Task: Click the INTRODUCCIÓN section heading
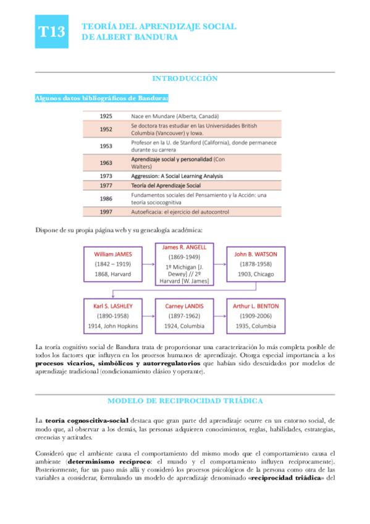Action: click(x=185, y=78)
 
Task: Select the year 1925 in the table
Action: click(x=106, y=116)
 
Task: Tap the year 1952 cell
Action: click(x=106, y=129)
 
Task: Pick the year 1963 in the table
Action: click(x=106, y=163)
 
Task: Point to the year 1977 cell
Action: click(x=106, y=185)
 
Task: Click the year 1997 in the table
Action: click(x=106, y=212)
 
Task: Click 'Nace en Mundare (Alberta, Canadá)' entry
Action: click(x=175, y=116)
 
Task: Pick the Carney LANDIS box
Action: click(x=185, y=316)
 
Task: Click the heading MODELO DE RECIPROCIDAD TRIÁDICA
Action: click(x=185, y=384)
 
